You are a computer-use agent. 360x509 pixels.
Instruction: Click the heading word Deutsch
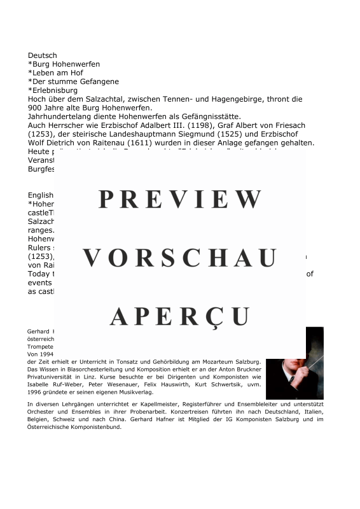pos(42,56)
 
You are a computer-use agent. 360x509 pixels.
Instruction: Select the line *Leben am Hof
pos(55,73)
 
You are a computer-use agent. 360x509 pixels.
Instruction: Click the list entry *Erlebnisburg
pos(53,91)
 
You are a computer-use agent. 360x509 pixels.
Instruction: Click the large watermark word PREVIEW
pos(180,200)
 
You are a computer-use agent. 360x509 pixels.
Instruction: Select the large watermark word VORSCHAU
pos(180,258)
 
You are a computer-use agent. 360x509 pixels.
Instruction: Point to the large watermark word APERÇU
pos(180,316)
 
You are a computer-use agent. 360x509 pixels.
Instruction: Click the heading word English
pos(41,195)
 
